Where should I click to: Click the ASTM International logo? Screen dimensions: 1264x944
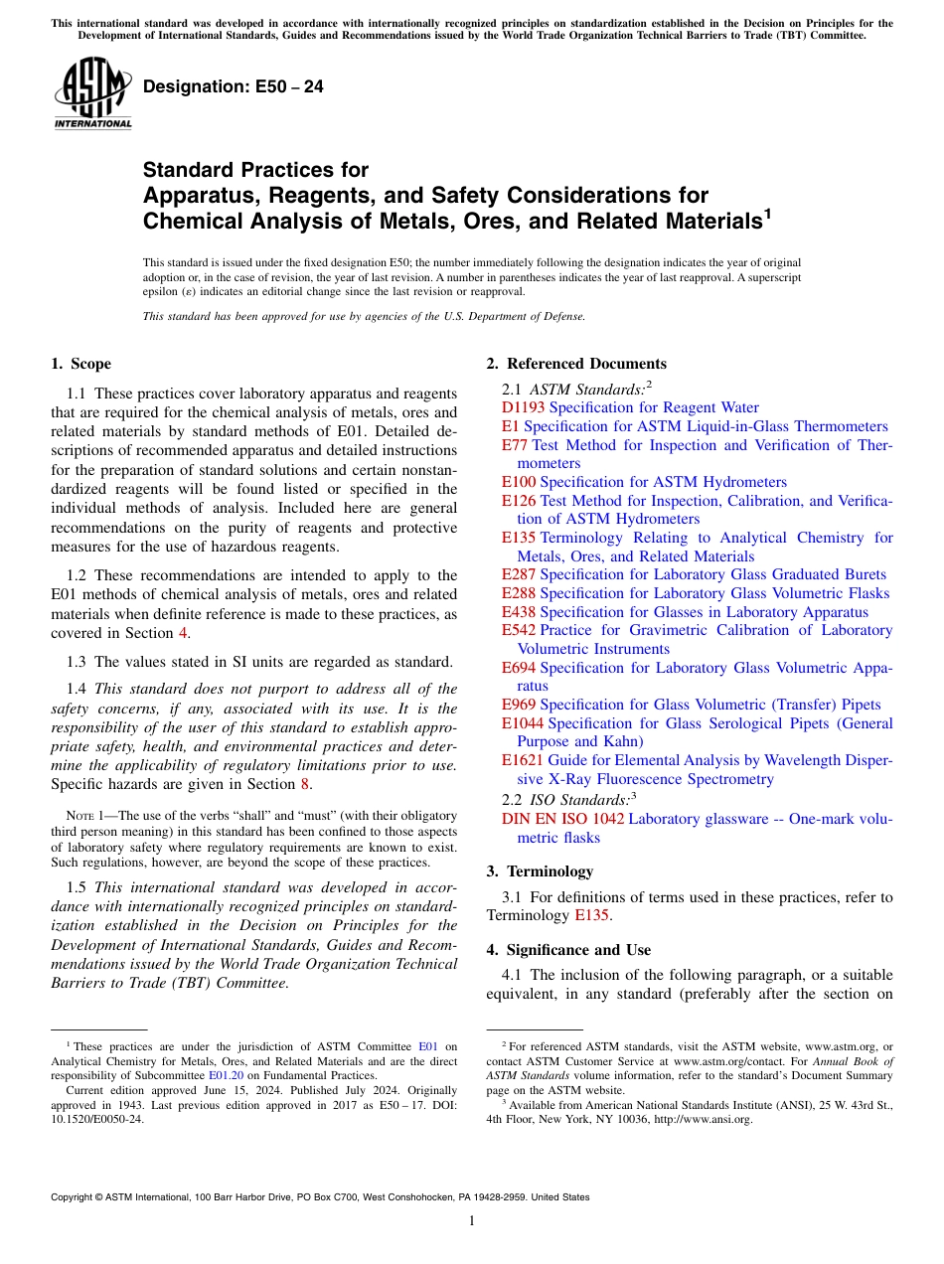[x=92, y=94]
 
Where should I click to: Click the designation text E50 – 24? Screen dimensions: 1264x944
[x=234, y=87]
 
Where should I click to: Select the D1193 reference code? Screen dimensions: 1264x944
[x=523, y=407]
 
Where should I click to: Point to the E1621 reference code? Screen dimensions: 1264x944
[x=523, y=760]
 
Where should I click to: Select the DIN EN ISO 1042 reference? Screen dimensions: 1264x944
[x=562, y=819]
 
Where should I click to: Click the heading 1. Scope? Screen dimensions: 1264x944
[x=80, y=364]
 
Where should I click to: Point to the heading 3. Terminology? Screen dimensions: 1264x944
[x=540, y=871]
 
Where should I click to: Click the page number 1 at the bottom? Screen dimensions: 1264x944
[x=472, y=1221]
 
